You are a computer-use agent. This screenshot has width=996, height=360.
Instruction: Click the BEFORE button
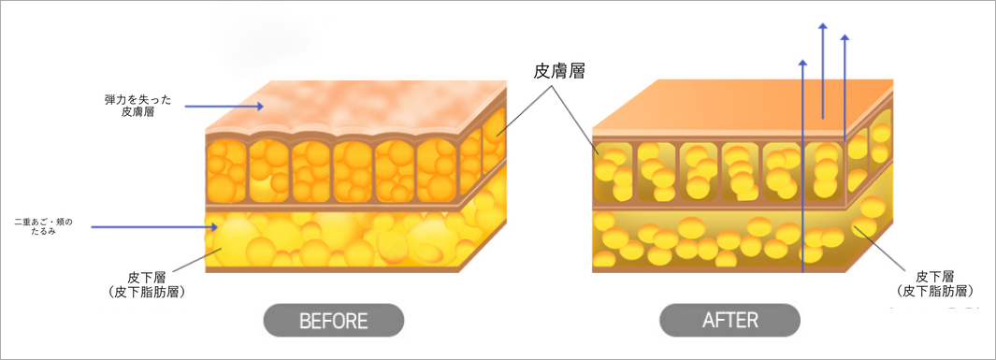(x=334, y=320)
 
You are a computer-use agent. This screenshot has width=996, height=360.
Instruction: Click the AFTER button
(x=729, y=320)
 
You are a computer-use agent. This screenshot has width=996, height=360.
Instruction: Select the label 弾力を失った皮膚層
(x=137, y=106)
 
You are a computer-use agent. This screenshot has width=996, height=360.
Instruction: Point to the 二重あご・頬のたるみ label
(x=44, y=226)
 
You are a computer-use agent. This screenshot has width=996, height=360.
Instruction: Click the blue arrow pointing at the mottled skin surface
(x=224, y=107)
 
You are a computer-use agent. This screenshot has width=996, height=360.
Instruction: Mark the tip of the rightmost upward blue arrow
(x=844, y=35)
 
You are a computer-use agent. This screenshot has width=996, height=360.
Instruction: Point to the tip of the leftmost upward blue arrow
(x=803, y=59)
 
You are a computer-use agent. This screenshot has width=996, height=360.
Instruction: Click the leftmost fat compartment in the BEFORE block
(x=226, y=170)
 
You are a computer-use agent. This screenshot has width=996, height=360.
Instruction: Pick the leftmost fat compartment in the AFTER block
(x=614, y=171)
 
